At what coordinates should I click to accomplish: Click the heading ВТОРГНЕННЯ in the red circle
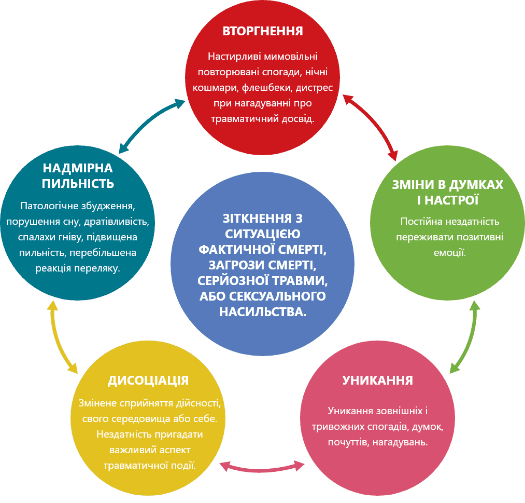coord(263,31)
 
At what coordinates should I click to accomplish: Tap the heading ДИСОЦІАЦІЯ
coord(148,380)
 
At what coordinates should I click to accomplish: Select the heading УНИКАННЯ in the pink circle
coord(378,380)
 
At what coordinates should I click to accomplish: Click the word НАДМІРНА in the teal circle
coord(78,168)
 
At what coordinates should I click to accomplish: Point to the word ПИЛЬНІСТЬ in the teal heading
coord(78,183)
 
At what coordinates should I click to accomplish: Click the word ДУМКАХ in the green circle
coord(476,185)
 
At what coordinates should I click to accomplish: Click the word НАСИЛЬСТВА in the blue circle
coord(262,312)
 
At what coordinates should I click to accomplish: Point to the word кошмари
coord(216,88)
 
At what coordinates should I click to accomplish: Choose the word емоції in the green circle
coord(450,252)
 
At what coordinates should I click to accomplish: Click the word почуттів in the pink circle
coord(349,442)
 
